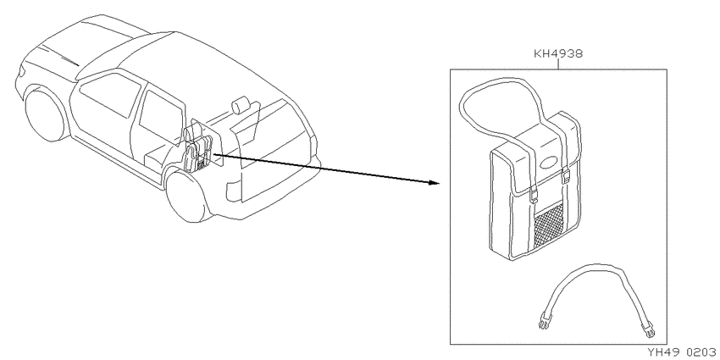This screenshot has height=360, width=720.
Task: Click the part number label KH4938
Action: (558, 53)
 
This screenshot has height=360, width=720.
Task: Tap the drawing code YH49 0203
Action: (681, 352)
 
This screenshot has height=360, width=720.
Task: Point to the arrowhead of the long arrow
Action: (434, 182)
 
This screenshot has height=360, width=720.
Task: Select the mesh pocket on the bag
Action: (549, 226)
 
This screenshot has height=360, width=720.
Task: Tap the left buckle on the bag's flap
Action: (534, 193)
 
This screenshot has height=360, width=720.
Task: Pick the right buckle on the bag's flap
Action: (566, 175)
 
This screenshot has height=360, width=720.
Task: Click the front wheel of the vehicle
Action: (46, 115)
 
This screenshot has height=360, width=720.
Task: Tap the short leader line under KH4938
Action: (558, 64)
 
